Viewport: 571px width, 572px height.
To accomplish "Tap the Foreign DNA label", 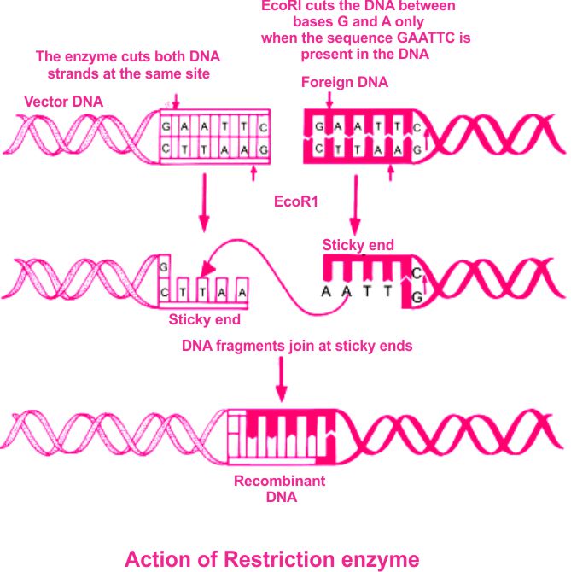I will coord(344,83).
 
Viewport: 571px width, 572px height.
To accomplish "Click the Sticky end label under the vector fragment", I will coord(204,320).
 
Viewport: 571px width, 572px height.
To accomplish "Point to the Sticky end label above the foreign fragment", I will coord(358,245).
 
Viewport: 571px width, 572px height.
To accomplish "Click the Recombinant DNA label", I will coord(279,488).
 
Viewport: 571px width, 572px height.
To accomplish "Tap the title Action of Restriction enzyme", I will coord(271,559).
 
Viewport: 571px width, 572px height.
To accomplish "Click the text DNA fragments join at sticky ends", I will coord(296,346).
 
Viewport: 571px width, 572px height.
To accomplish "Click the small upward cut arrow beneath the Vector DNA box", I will coord(254,173).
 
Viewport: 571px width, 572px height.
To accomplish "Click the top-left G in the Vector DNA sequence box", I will coord(166,125).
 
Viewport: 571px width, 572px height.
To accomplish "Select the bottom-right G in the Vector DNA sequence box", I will coord(263,149).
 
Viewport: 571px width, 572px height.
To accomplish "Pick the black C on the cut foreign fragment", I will coord(417,273).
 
